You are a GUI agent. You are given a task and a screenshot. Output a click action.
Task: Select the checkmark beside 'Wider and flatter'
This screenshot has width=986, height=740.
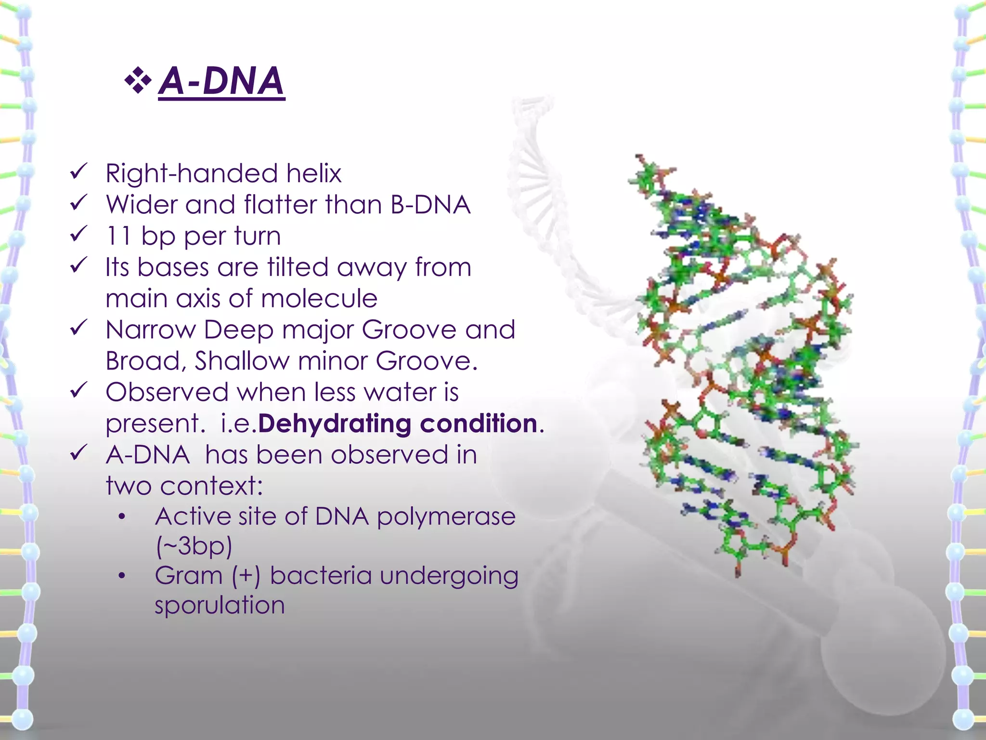(78, 202)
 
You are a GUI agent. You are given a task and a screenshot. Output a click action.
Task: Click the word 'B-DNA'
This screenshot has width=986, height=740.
(430, 204)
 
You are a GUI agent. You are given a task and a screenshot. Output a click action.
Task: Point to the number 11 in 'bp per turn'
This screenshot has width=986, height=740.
(118, 236)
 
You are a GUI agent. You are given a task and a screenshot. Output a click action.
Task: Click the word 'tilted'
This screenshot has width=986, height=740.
(298, 267)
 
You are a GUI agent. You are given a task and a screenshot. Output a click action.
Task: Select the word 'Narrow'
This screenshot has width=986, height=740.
(150, 330)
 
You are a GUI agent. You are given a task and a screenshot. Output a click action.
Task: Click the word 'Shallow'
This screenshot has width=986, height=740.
(242, 361)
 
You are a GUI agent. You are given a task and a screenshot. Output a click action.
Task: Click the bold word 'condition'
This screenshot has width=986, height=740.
(478, 423)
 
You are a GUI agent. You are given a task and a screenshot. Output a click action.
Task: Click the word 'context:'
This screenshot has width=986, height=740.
(211, 486)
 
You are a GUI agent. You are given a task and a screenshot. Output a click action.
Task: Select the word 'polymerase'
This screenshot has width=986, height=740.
(446, 516)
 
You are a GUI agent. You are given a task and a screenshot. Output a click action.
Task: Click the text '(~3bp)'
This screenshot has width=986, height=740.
(194, 546)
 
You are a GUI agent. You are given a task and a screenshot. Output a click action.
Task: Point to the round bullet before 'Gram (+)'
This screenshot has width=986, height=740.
(122, 576)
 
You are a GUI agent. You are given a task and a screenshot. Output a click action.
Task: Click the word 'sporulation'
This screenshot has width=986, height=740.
(220, 605)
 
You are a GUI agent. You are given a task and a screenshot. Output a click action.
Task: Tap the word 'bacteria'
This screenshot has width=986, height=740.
(321, 576)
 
